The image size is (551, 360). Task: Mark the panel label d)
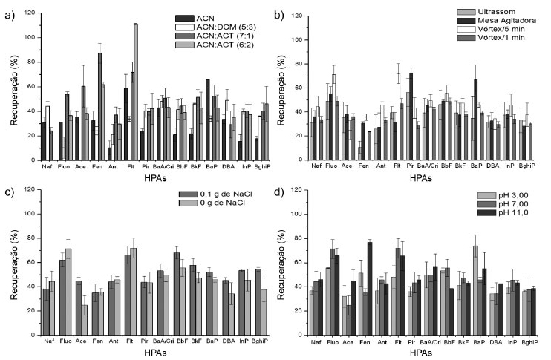[280, 194]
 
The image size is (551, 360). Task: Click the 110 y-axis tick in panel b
[299, 15]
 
